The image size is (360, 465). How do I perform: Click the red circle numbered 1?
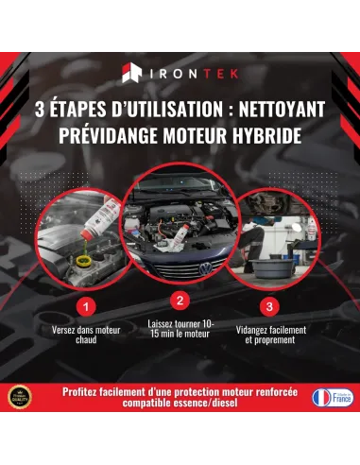pyautogui.click(x=86, y=307)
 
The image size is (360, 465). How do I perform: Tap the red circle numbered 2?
pyautogui.click(x=180, y=300)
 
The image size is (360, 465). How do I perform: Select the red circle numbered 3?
pyautogui.click(x=269, y=307)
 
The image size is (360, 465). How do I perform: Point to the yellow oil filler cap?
pyautogui.click(x=69, y=256)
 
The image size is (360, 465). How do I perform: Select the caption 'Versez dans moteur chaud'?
pyautogui.click(x=86, y=335)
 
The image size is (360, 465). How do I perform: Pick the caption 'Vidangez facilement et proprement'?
pyautogui.click(x=269, y=335)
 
